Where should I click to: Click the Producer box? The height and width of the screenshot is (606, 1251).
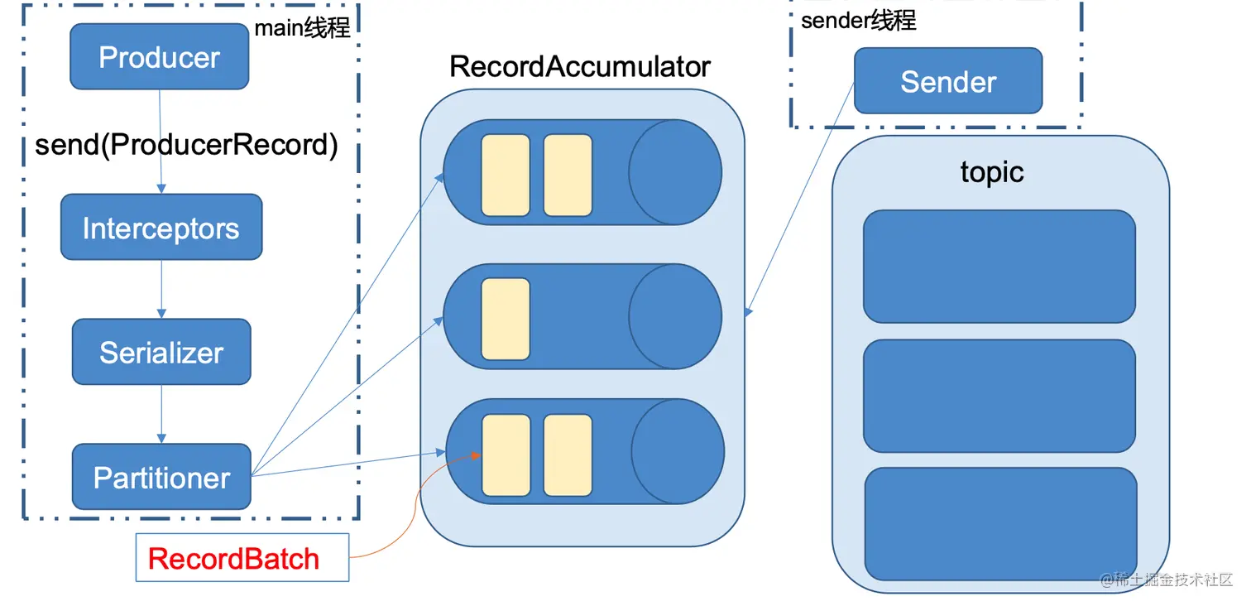pos(159,56)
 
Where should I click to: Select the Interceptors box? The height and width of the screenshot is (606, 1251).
pos(161,228)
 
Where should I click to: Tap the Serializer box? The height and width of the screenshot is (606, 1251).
pos(161,352)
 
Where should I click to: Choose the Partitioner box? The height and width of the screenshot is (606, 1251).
pos(161,477)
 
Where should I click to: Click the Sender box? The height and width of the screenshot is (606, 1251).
pos(948,81)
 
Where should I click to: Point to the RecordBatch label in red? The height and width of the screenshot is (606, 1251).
pos(233,558)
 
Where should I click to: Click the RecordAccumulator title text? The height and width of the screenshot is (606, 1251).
pos(579,66)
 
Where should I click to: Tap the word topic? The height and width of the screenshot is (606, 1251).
pos(991,171)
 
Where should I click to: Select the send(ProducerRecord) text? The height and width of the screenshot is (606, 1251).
pos(186,145)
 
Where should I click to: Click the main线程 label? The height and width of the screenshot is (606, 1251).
pos(302,28)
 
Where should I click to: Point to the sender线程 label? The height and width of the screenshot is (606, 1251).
pos(858,20)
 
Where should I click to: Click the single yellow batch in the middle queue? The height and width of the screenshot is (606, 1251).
pos(506,319)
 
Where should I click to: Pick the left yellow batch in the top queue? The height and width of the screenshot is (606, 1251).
pos(506,175)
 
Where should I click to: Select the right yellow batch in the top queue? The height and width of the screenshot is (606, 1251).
pos(568,175)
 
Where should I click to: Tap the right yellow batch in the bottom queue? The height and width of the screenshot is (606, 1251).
pos(568,454)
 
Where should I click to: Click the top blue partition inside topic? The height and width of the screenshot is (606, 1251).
pos(999,266)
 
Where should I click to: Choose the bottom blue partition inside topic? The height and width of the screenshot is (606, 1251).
pos(1000,523)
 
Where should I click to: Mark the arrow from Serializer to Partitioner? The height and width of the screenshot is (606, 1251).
pos(161,414)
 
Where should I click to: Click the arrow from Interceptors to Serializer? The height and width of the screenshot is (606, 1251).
pos(161,289)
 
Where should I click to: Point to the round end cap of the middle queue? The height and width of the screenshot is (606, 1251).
pos(674,317)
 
